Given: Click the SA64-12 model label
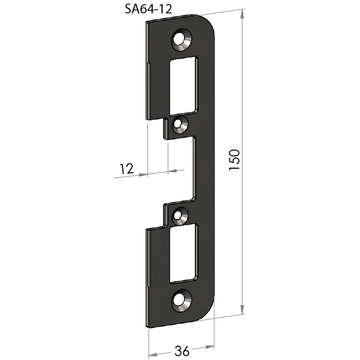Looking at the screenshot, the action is (x=148, y=9).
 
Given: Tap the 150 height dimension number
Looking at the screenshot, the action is (x=235, y=160).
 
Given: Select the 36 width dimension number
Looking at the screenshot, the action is (x=182, y=351).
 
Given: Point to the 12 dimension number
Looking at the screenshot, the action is (x=127, y=169).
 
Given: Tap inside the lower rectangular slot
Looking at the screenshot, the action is (x=183, y=253).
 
